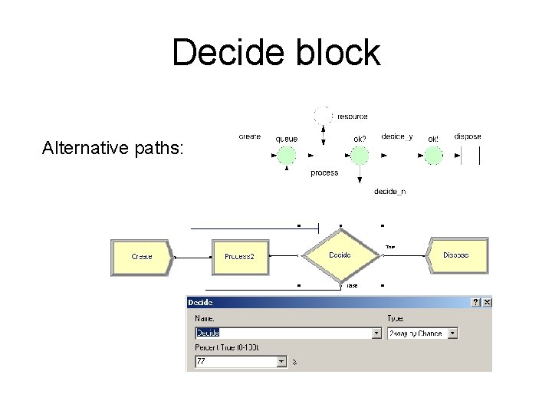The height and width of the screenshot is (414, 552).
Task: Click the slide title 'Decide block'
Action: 276,52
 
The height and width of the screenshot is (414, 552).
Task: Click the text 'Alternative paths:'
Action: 113,146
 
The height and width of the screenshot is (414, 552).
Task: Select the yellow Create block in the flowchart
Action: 142,256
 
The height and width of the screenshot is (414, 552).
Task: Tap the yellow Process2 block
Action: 244,256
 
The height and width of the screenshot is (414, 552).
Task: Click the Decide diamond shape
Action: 340,255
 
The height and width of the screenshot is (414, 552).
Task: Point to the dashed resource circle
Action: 323,116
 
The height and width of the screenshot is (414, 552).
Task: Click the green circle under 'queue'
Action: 286,156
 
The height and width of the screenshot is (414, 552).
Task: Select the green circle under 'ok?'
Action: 360,156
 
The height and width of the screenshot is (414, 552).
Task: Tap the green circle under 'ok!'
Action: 433,156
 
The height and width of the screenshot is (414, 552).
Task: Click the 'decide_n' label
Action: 389,192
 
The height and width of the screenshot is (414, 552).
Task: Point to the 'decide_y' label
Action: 397,137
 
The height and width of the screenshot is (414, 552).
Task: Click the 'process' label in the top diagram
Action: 324,173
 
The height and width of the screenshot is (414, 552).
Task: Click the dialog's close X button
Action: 486,303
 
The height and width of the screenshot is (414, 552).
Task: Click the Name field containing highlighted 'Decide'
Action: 284,333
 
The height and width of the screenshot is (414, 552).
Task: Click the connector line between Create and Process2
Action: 192,257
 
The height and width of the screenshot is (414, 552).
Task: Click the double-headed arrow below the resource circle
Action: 323,136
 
